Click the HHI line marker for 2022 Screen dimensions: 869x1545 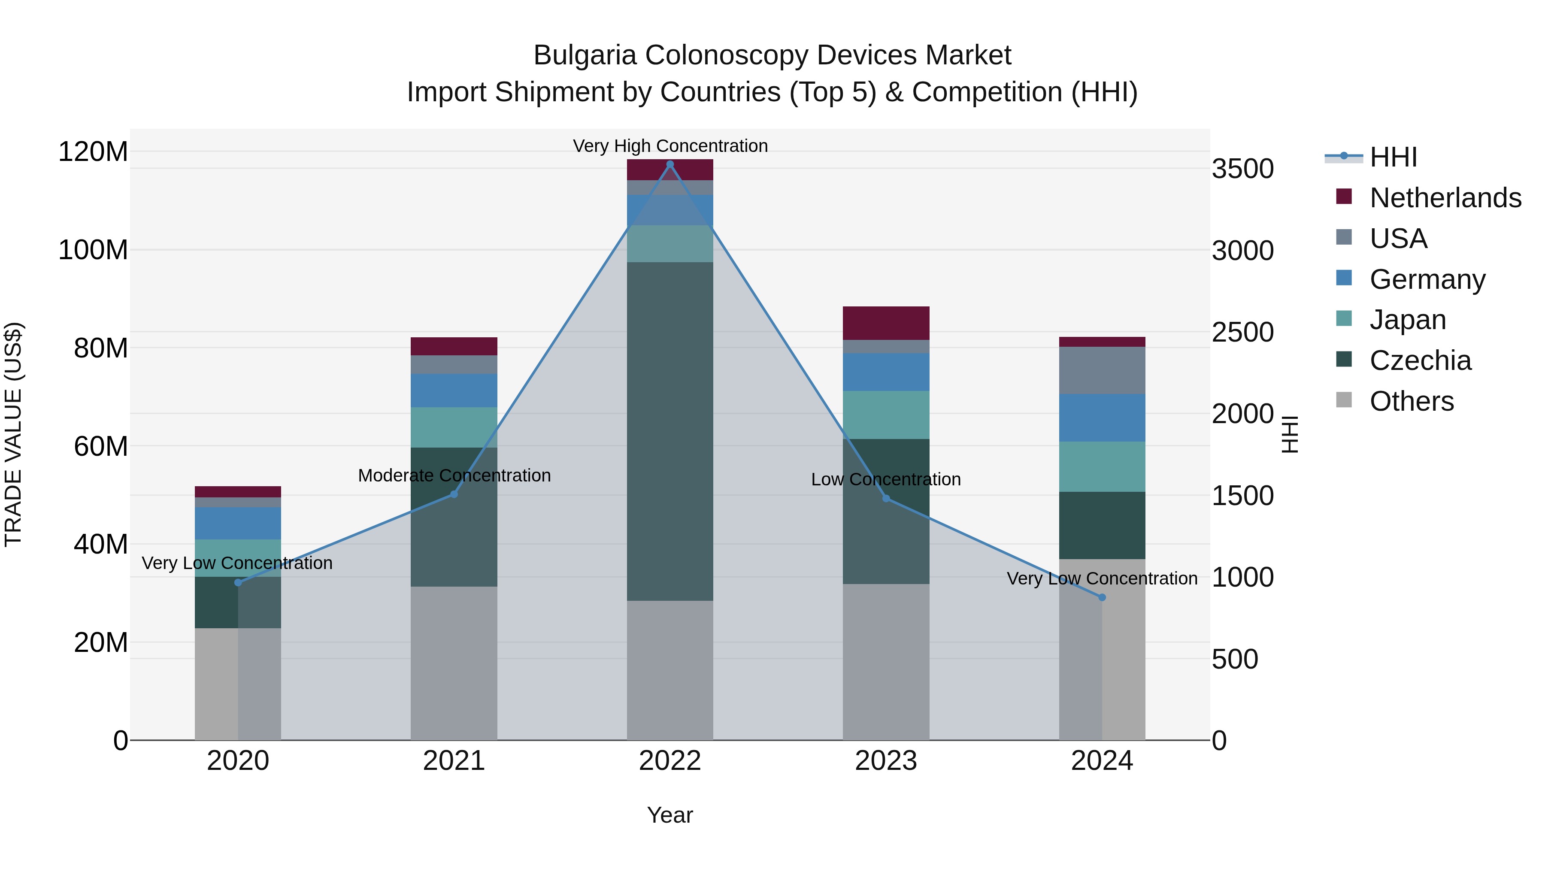[x=670, y=164]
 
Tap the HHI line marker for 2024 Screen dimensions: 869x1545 [x=1102, y=597]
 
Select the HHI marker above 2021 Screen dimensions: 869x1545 [x=454, y=494]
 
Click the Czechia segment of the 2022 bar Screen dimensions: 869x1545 [x=670, y=431]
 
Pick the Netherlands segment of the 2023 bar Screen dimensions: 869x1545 [x=886, y=323]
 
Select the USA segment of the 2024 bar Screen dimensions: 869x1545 [x=1102, y=371]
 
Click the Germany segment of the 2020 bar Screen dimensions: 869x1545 [x=238, y=523]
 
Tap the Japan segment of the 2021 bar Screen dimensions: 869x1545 [x=454, y=427]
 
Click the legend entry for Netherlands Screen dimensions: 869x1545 [x=1445, y=197]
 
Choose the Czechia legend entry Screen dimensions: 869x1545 [x=1420, y=360]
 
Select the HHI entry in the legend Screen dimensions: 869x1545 [x=1393, y=157]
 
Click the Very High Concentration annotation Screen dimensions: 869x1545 [x=670, y=146]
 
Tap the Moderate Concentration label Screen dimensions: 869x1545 [x=454, y=475]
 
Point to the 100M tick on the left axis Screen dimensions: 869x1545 [x=93, y=249]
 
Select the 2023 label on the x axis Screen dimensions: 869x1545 [x=886, y=761]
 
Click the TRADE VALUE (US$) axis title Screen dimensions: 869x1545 [x=14, y=434]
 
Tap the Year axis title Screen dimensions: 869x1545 [x=670, y=815]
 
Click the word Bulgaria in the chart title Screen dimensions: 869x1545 [x=584, y=55]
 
